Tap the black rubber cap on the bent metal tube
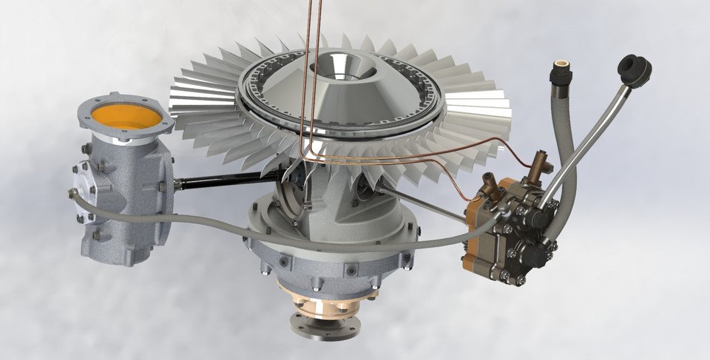pyautogui.click(x=634, y=69)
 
